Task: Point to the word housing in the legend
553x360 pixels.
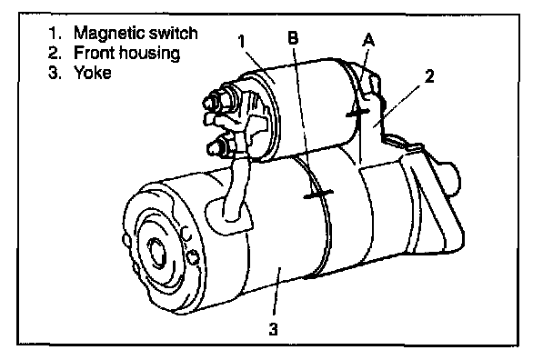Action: point(149,54)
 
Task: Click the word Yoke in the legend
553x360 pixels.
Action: point(93,73)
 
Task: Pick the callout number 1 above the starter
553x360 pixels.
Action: point(241,41)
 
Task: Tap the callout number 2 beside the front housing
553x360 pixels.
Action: point(429,76)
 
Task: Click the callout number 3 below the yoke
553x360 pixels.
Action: point(274,329)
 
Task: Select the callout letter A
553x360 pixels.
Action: point(368,40)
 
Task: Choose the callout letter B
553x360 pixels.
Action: point(293,37)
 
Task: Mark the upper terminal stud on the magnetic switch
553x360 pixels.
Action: point(216,101)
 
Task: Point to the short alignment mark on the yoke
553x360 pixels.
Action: point(318,195)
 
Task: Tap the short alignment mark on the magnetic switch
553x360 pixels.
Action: point(358,113)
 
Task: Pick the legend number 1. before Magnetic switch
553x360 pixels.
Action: point(55,34)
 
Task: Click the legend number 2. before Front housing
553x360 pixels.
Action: point(55,54)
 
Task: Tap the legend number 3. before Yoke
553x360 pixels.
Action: point(55,73)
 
